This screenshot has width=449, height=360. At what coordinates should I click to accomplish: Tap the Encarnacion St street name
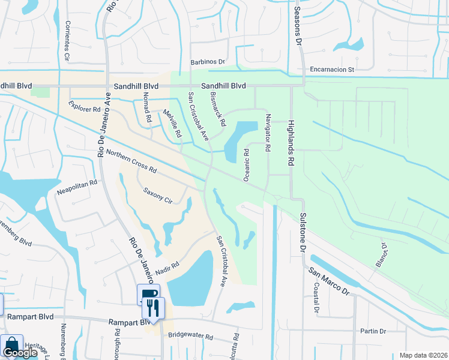pos(333,70)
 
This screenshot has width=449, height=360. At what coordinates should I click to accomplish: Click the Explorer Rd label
pos(84,109)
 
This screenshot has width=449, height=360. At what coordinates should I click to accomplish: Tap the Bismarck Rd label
pos(218,109)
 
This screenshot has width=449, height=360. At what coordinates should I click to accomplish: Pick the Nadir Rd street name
pos(166,268)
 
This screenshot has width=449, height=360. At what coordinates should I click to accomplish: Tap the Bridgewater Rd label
pos(191,337)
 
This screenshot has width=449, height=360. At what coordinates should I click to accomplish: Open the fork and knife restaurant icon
pos(153,308)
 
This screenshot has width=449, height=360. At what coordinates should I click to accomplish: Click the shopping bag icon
pos(11,344)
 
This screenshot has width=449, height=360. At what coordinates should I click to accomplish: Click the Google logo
pos(20,353)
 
